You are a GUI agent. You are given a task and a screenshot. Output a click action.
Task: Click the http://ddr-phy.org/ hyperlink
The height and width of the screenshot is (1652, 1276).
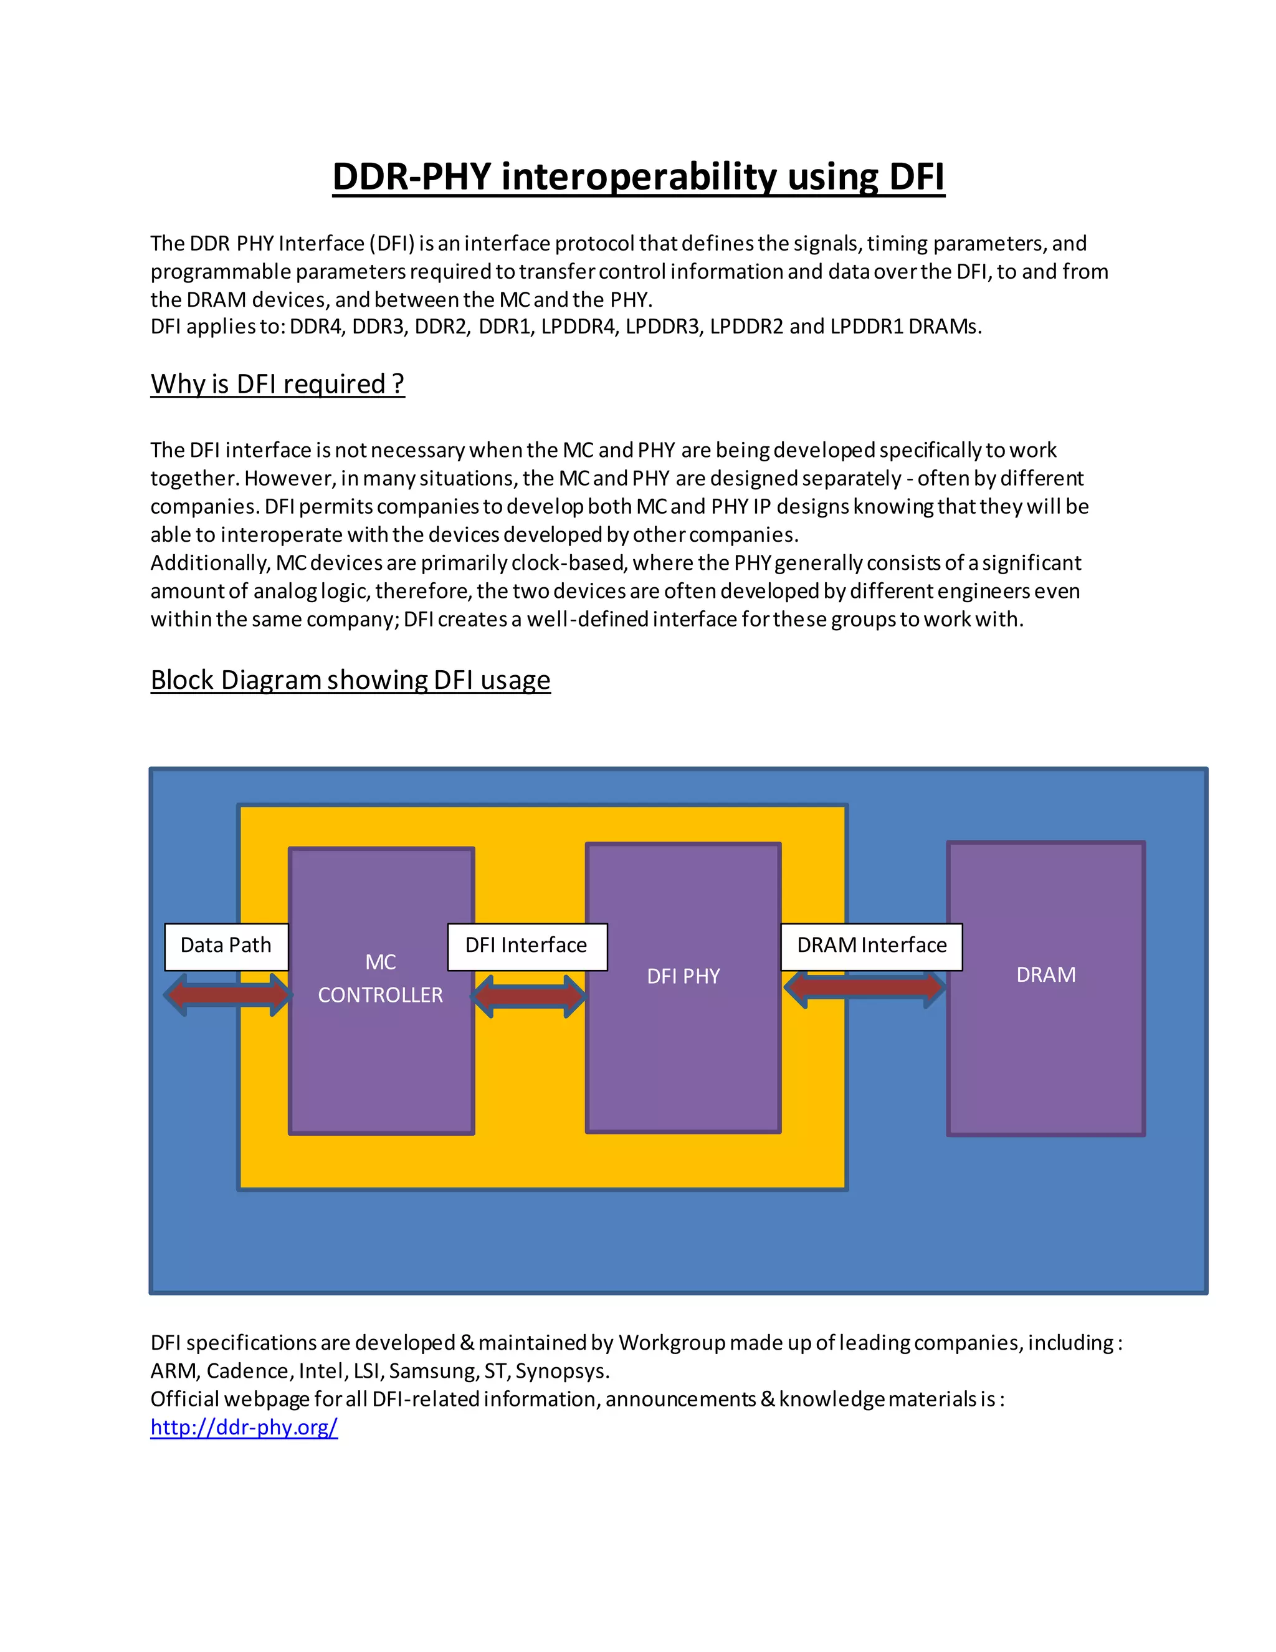pyautogui.click(x=244, y=1428)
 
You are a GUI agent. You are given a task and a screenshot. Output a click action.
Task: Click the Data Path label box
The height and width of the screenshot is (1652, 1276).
pyautogui.click(x=226, y=946)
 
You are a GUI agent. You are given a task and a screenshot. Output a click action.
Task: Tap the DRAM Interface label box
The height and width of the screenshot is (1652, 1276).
pyautogui.click(x=871, y=946)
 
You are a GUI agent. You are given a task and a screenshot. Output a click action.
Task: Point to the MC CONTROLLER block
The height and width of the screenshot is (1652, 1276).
pyautogui.click(x=381, y=1059)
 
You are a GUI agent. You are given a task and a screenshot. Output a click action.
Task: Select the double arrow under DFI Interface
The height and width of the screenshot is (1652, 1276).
pyautogui.click(x=528, y=996)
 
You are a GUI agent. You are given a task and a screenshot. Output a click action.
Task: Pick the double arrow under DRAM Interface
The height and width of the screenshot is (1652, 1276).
pyautogui.click(x=864, y=986)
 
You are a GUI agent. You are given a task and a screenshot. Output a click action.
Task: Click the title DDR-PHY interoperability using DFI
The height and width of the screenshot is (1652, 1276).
pyautogui.click(x=638, y=176)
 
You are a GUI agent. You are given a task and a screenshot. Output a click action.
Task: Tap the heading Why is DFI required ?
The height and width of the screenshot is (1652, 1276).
pyautogui.click(x=277, y=384)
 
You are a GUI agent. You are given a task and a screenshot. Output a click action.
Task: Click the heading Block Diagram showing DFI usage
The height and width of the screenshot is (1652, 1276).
pyautogui.click(x=350, y=680)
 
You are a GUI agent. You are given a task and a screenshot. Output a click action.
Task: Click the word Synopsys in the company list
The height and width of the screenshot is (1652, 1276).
pyautogui.click(x=561, y=1371)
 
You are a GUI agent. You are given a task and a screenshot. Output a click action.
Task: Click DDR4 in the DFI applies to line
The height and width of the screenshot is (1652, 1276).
pyautogui.click(x=317, y=327)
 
